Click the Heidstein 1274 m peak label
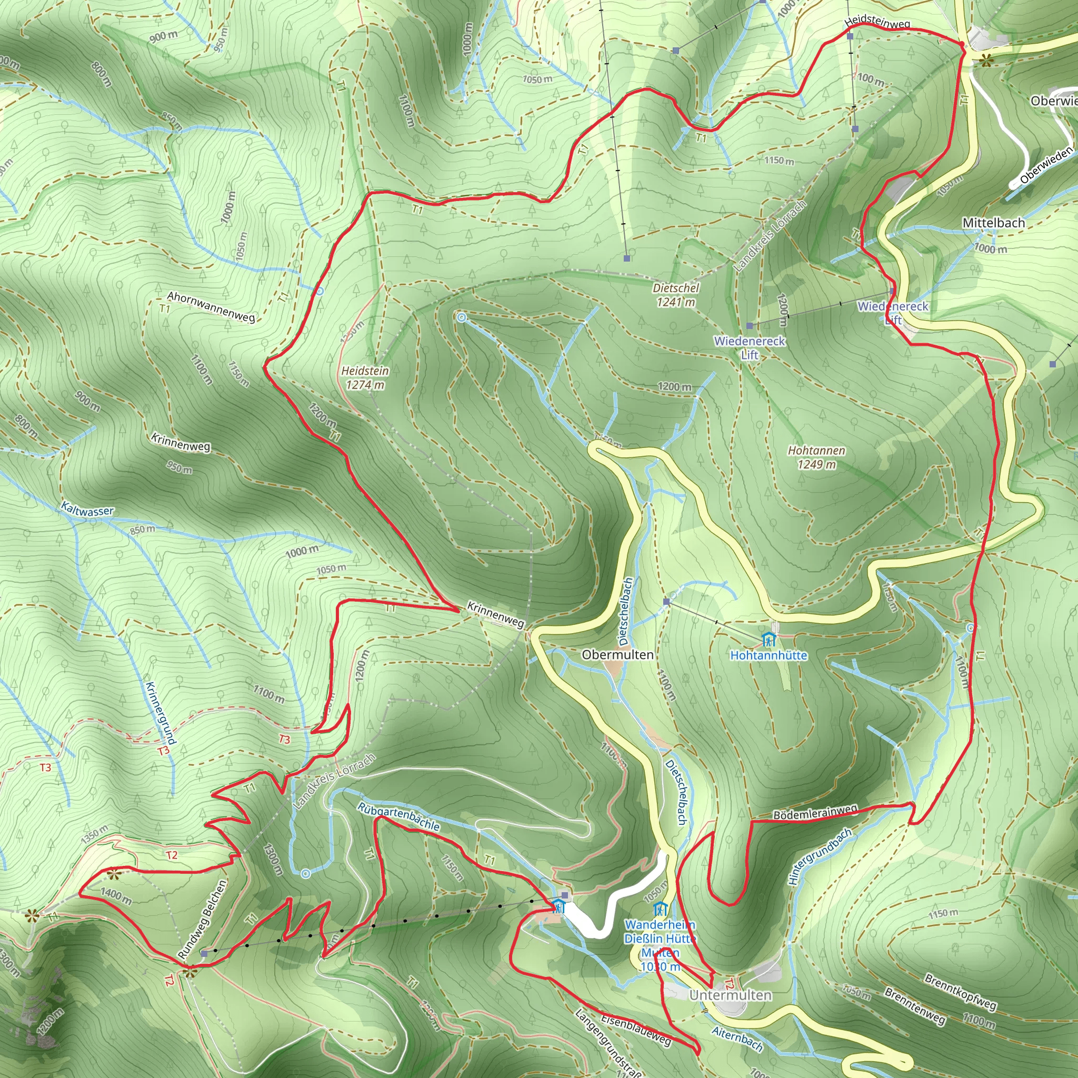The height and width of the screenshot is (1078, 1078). tap(365, 378)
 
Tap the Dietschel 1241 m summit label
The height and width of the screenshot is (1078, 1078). tap(676, 295)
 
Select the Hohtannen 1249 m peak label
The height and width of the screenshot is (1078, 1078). tap(816, 457)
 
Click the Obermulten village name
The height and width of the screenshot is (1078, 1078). tap(617, 654)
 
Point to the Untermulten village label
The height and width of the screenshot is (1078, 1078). tap(731, 995)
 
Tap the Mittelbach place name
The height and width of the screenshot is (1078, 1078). tap(993, 223)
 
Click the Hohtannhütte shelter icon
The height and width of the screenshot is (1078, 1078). tap(769, 640)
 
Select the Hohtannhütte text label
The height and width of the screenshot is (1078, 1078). tap(768, 656)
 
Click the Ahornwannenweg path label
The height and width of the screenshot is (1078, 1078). tap(212, 306)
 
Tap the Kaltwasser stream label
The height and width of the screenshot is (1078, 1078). tap(87, 510)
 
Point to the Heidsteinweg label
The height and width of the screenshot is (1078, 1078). tap(877, 22)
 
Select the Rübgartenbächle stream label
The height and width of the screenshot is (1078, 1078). tap(398, 816)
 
